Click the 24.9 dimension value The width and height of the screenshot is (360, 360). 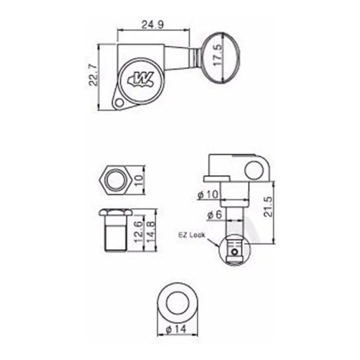click(152, 25)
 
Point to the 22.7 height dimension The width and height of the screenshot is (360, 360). click(94, 75)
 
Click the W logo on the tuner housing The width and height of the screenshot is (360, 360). click(140, 81)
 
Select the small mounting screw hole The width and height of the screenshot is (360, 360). click(119, 103)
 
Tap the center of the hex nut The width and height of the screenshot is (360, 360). click(116, 180)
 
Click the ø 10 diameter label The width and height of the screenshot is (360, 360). click(208, 195)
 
